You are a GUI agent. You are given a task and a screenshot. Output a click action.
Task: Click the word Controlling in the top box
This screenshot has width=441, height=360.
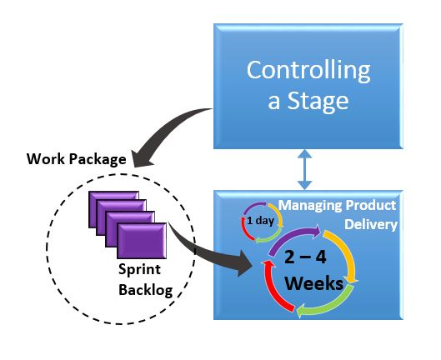(308, 71)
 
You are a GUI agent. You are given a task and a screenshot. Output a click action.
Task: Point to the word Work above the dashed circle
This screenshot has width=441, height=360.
(45, 158)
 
